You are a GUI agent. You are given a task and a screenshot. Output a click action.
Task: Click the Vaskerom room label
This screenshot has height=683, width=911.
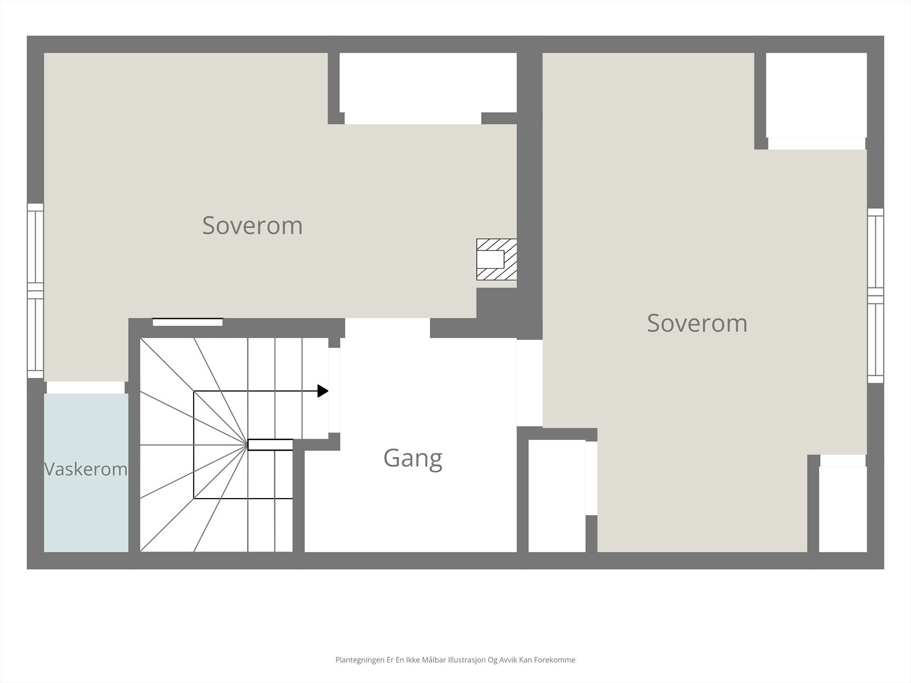pos(85,469)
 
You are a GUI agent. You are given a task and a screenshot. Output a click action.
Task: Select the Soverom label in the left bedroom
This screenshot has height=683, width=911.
pos(252,225)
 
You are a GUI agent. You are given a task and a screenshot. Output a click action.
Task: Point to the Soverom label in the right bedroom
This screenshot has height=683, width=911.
pos(697,323)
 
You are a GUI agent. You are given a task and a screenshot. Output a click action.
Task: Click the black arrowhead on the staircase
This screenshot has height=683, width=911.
pos(323,391)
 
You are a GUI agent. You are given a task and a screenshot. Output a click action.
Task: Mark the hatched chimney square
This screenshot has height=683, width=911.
pos(496,259)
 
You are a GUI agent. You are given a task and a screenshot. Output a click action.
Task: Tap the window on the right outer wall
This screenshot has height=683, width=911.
pos(875,295)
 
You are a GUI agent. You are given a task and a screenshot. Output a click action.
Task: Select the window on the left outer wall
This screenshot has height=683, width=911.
pos(35,291)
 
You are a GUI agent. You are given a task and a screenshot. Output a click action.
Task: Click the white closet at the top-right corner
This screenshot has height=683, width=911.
pos(816,95)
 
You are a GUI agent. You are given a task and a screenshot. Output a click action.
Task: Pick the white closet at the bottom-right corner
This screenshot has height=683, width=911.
pos(843,509)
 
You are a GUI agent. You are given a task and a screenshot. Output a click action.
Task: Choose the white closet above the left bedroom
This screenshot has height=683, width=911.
pos(428,83)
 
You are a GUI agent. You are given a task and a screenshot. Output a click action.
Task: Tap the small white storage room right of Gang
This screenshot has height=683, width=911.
pos(557,496)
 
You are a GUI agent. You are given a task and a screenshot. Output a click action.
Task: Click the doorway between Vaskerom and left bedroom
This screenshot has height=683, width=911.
pos(85,388)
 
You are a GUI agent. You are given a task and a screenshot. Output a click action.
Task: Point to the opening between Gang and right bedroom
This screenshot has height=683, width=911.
pos(530,382)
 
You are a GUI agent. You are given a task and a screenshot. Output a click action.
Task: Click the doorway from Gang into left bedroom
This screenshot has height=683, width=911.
pos(387,328)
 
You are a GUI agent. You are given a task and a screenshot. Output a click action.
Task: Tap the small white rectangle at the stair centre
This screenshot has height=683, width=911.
pos(270,445)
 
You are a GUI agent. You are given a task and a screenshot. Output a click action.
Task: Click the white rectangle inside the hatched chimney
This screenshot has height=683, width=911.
pos(490,259)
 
